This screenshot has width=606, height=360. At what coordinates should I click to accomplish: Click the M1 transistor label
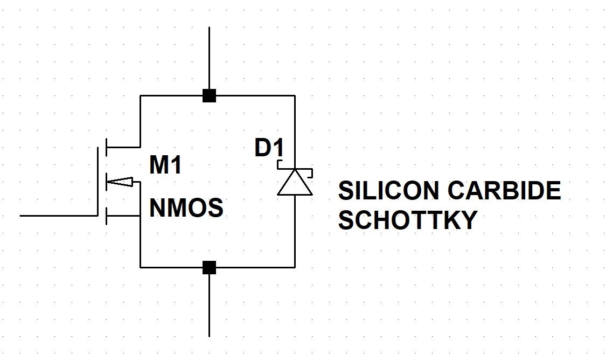pyautogui.click(x=165, y=165)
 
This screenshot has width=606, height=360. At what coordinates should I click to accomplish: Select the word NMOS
pyautogui.click(x=186, y=208)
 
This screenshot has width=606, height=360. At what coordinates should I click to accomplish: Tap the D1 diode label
pyautogui.click(x=269, y=148)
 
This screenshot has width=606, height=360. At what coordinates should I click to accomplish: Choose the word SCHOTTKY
pyautogui.click(x=408, y=220)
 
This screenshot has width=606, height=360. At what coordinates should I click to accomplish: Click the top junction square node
pyautogui.click(x=209, y=96)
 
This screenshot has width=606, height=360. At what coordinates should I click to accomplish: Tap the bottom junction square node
pyautogui.click(x=209, y=267)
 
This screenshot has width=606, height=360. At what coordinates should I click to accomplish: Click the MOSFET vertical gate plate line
pyautogui.click(x=99, y=181)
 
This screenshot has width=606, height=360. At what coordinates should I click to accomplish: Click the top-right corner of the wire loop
pyautogui.click(x=295, y=96)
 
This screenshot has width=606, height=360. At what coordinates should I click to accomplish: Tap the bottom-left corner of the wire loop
pyautogui.click(x=140, y=267)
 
